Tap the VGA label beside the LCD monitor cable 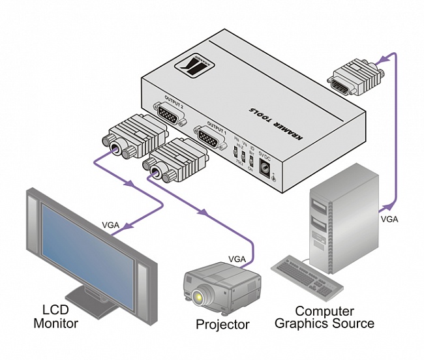point(111,225)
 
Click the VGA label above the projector point(237,259)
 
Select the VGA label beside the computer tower point(389,220)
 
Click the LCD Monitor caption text point(59,316)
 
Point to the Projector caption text point(222,324)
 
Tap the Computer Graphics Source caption point(324,317)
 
